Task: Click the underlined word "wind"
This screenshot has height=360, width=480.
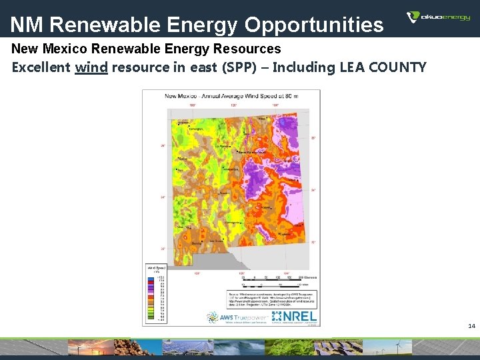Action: pos(91,67)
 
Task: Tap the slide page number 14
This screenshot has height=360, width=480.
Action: pos(471,326)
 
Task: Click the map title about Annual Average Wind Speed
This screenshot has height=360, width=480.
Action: pos(231,97)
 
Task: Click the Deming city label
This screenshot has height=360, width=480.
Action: pos(196,244)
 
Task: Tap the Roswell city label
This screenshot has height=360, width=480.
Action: pos(265,207)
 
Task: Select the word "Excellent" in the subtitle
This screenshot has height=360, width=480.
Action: pos(41,67)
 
